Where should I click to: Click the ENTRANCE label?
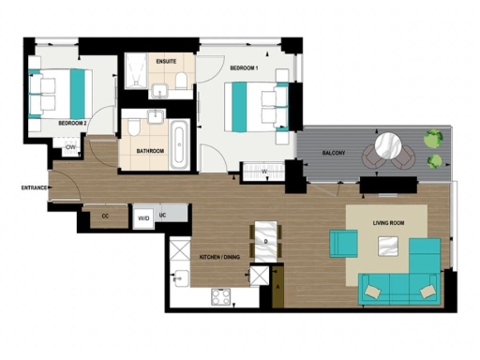point(35,187)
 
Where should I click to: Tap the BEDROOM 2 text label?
point(72,123)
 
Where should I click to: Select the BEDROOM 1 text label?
point(244,69)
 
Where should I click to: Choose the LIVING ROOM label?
point(389,222)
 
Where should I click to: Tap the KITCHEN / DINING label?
point(222,257)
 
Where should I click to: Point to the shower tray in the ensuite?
point(136,66)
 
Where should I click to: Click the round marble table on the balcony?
point(387,147)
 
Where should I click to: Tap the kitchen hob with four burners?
point(222,297)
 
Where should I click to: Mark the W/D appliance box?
point(143,218)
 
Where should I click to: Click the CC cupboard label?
point(105,218)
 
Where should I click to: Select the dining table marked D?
point(265,242)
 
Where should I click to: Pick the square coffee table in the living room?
point(385,247)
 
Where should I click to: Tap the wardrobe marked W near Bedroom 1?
point(264,172)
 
